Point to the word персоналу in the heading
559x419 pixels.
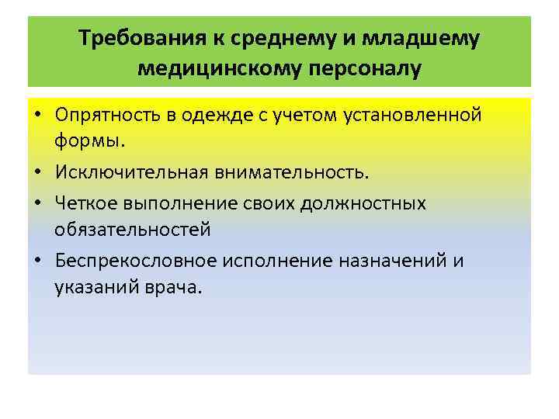(365, 68)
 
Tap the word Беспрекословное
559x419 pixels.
(137, 261)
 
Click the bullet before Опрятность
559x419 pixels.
(37, 116)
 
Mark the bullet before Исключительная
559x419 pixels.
(37, 174)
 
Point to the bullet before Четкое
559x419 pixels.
(37, 203)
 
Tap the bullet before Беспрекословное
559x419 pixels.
(37, 261)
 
